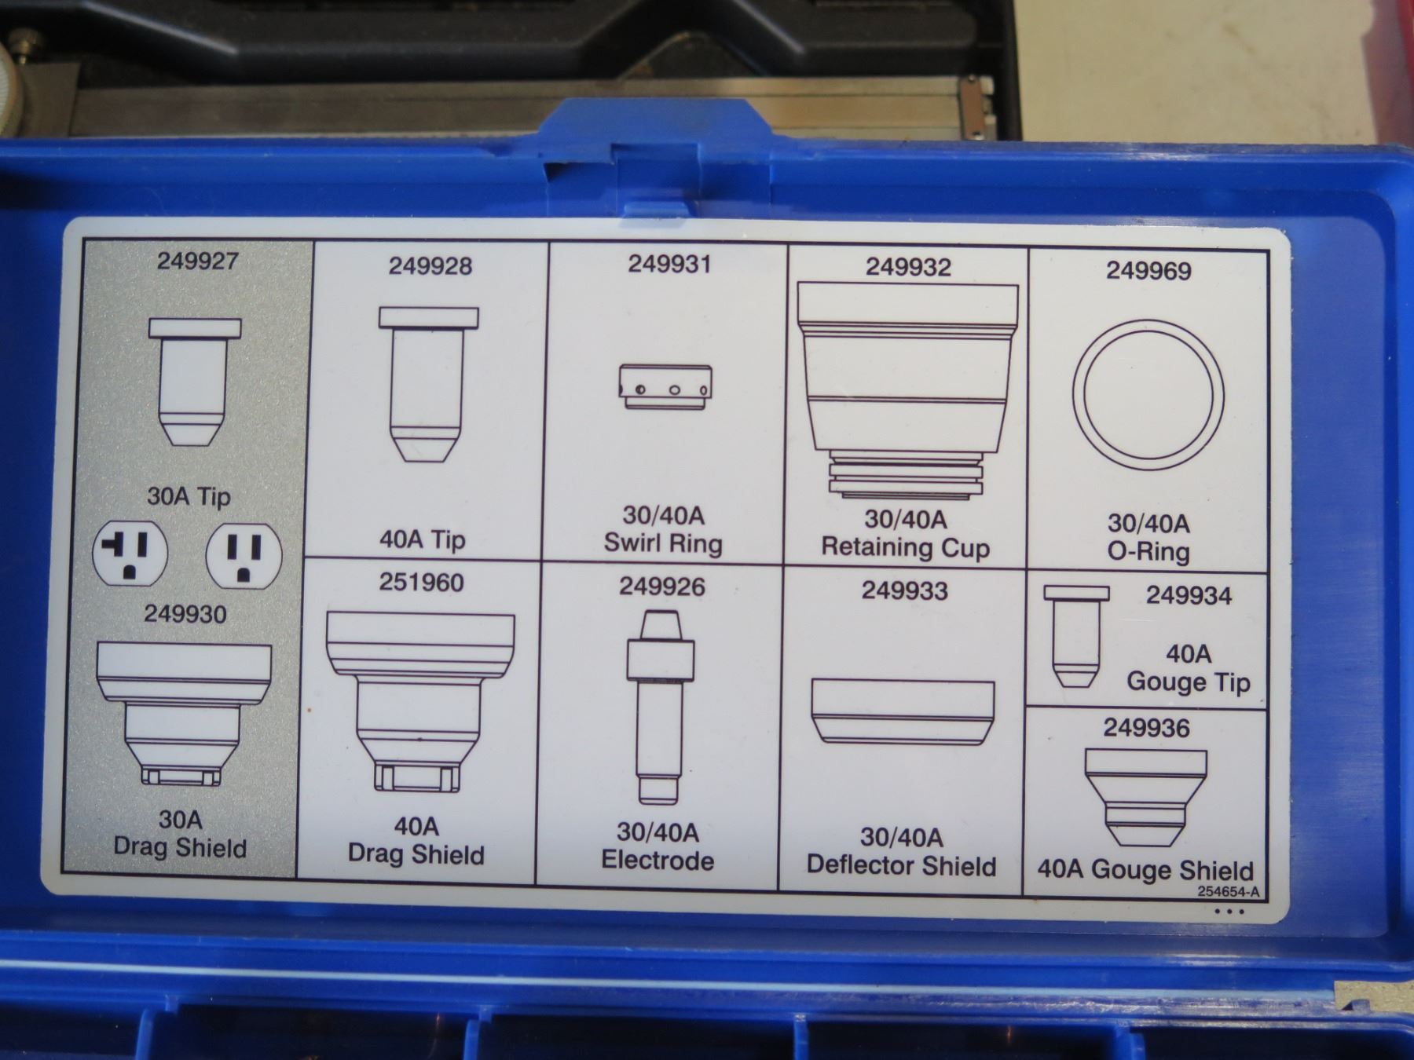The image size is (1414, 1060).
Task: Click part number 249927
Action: tap(197, 261)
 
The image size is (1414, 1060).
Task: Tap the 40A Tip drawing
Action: tap(428, 384)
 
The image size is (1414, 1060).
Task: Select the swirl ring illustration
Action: tap(665, 386)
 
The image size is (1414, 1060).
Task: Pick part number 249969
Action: tap(1148, 271)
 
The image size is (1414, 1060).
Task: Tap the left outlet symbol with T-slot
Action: tap(130, 552)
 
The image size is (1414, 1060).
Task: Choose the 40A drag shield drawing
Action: tap(419, 701)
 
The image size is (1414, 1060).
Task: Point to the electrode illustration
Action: tap(660, 707)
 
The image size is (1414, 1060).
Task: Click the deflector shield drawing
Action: tap(903, 711)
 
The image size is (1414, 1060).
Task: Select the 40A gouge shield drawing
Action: tap(1145, 799)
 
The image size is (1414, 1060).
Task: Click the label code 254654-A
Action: tap(1229, 892)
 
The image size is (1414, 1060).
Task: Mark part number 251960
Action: tap(421, 582)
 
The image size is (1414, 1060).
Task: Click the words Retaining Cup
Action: tap(905, 547)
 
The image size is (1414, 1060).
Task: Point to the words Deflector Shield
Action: tap(901, 865)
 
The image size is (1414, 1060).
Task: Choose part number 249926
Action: tap(661, 587)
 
